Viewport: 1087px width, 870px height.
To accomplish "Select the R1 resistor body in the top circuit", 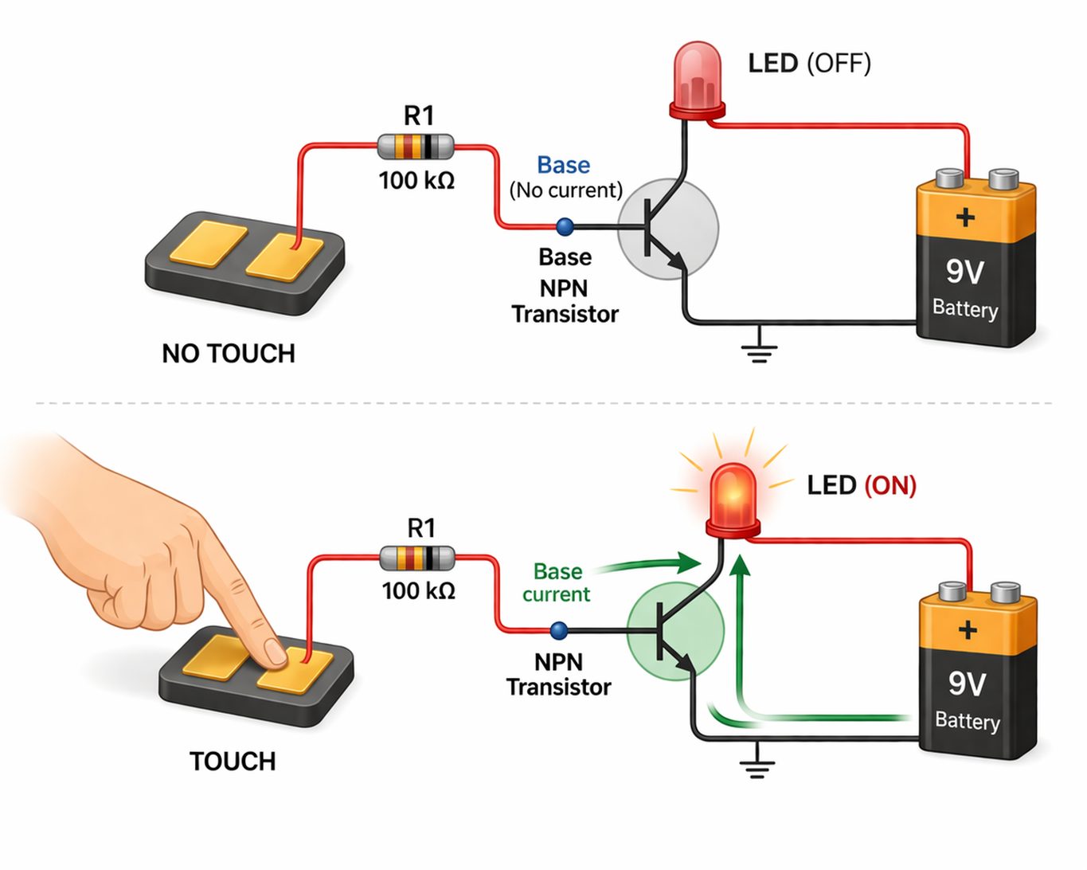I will tap(415, 147).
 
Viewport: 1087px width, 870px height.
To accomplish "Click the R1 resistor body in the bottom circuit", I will tap(418, 558).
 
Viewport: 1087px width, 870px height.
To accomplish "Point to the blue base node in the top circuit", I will tap(565, 227).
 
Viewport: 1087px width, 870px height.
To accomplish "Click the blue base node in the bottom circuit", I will tap(559, 631).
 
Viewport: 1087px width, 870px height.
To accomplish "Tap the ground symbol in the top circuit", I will tap(759, 348).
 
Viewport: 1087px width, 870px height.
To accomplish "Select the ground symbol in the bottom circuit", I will tap(757, 763).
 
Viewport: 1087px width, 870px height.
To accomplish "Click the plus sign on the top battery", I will tap(965, 217).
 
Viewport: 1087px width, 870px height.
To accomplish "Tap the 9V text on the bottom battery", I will tap(967, 683).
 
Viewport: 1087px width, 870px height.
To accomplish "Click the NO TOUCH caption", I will tap(229, 353).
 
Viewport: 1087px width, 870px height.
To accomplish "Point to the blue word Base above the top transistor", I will tap(563, 165).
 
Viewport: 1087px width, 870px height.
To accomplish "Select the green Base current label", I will tap(557, 582).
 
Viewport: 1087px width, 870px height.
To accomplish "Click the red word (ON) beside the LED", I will tap(890, 485).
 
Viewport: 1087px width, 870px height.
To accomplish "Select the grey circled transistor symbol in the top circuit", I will tap(667, 229).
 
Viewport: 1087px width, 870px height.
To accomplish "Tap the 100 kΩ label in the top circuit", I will tap(416, 181).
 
